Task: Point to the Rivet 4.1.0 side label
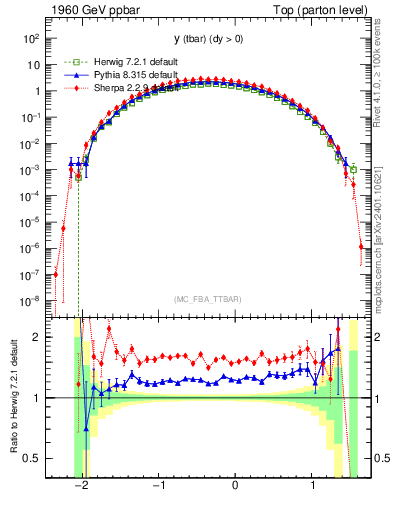pos(384,70)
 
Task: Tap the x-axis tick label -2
pos(82,489)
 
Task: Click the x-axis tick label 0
pos(235,489)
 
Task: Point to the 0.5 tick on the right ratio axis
pos(378,458)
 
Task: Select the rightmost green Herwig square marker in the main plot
pos(353,169)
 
